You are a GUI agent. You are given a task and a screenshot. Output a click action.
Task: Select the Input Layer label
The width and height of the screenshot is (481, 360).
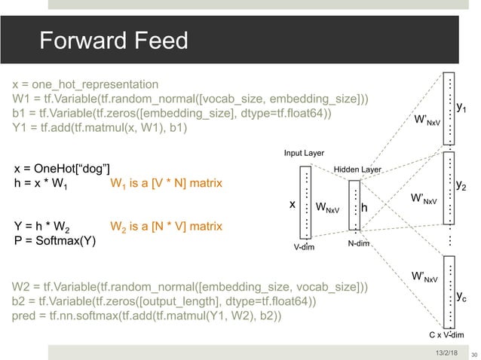pos(305,154)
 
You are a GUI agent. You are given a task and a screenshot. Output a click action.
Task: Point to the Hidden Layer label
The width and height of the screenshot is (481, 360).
pos(357,170)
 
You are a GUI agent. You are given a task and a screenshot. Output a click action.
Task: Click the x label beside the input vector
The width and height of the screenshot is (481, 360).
pos(293,204)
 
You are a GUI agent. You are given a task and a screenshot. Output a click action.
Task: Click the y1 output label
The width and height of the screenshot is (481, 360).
pos(461,108)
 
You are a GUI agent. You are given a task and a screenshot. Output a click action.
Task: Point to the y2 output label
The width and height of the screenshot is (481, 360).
pos(461,184)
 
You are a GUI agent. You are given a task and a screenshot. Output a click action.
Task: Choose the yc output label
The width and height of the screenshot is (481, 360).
pos(461,297)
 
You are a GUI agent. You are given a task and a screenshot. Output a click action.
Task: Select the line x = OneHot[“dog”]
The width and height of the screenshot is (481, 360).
pos(63,167)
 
